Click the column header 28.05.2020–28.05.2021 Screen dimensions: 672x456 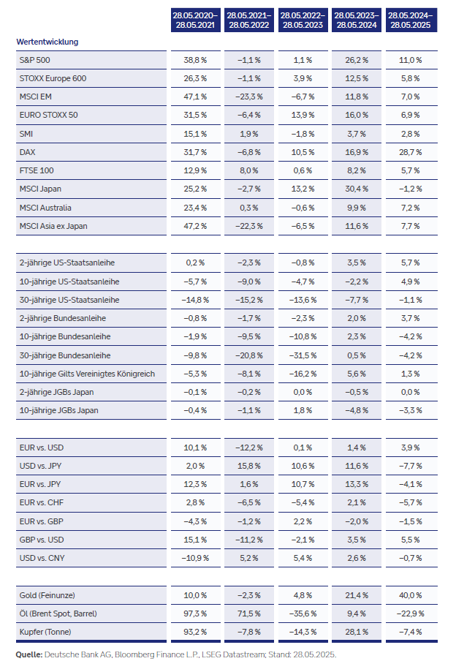(x=194, y=19)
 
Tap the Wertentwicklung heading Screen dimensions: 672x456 (x=47, y=42)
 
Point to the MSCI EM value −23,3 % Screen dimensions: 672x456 (x=248, y=97)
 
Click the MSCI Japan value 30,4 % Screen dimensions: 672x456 (x=357, y=189)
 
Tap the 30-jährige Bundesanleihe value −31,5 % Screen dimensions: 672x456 (x=303, y=355)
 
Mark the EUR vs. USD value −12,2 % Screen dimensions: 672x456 (x=248, y=447)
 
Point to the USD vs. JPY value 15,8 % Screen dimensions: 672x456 (x=248, y=466)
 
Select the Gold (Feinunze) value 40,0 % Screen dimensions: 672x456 (x=410, y=595)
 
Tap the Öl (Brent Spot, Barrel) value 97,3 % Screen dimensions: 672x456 (x=194, y=614)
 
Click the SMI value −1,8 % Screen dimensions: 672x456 (x=303, y=134)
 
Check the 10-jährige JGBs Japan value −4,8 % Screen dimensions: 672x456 (x=357, y=410)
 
